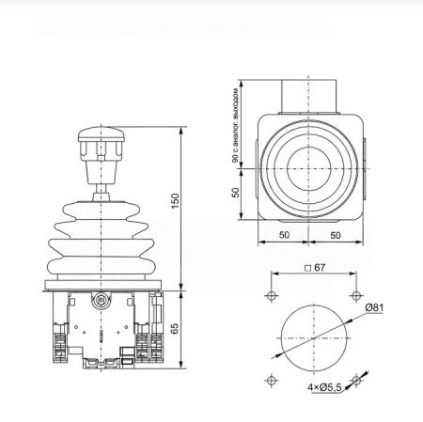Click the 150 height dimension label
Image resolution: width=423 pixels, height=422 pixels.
176,201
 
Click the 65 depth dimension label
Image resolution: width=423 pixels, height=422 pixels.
175,328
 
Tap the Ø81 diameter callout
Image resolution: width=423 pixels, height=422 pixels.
374,307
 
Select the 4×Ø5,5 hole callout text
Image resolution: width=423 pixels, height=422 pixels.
324,387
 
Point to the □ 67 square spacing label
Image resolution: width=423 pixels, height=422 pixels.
315,268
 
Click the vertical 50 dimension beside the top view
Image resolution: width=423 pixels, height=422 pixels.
236,193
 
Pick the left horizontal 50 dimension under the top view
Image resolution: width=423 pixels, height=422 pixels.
284,235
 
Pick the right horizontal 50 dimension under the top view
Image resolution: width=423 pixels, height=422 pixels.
336,235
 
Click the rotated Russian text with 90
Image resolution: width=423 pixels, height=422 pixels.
236,125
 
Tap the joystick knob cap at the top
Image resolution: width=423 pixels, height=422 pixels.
102,134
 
